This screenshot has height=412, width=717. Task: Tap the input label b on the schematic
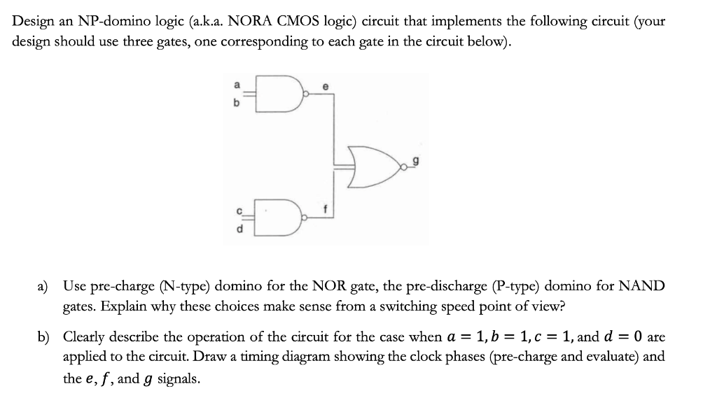(237, 103)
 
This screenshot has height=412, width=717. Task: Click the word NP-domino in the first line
(92, 20)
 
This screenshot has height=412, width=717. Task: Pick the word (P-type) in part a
(513, 286)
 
